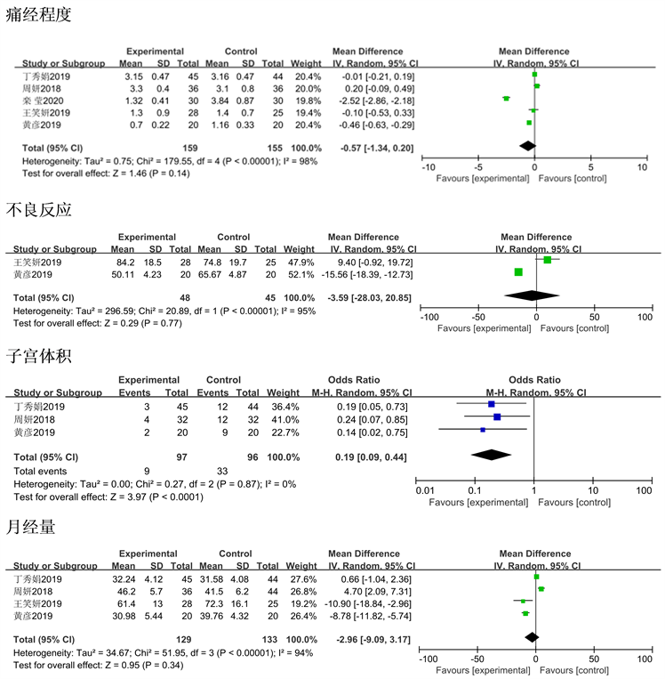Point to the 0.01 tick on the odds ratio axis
click(x=426, y=489)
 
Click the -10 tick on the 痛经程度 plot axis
click(x=428, y=166)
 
